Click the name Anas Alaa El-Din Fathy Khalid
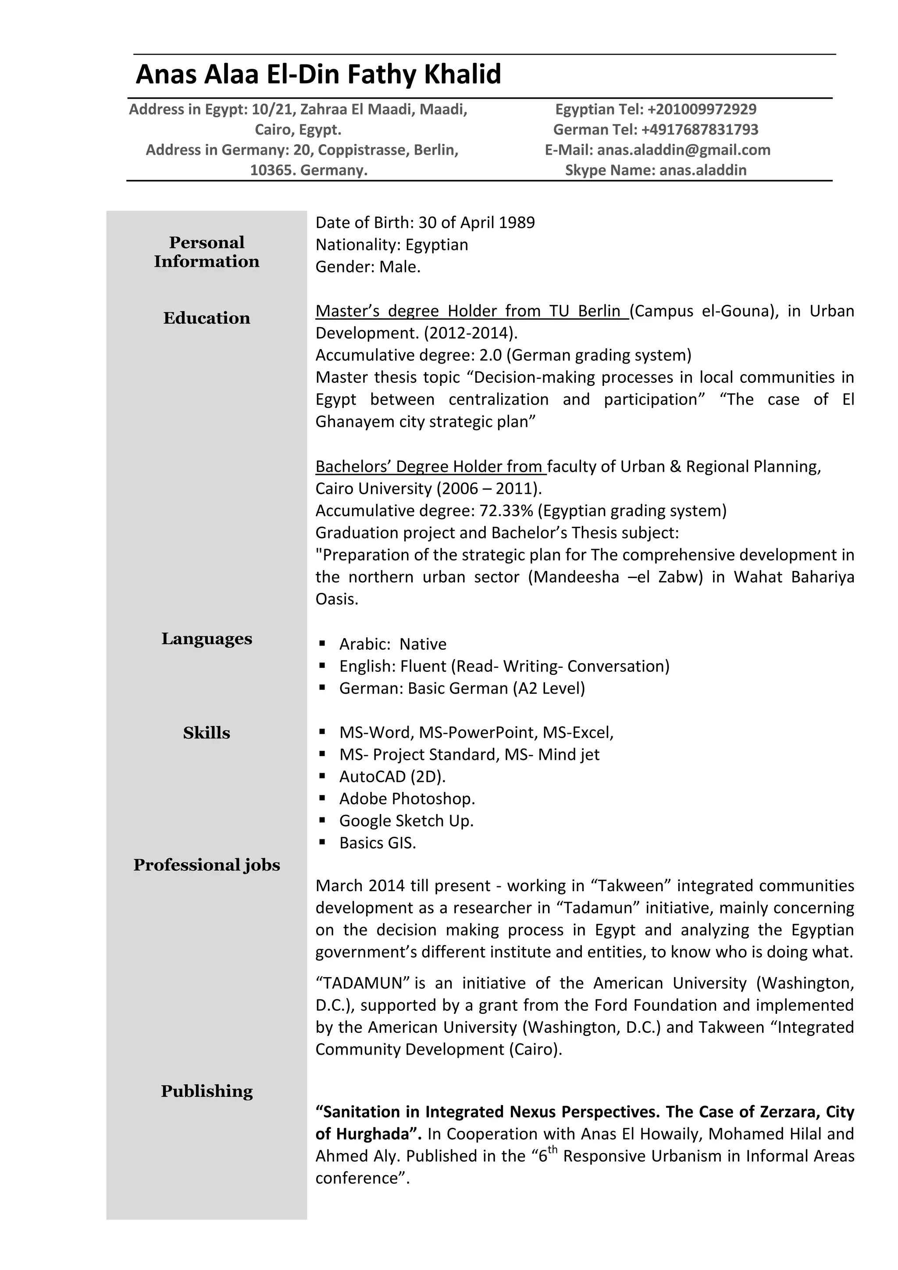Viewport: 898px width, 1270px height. [318, 74]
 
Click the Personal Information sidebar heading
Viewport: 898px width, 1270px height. [206, 252]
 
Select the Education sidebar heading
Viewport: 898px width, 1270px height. [206, 318]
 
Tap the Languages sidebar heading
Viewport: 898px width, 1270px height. [206, 639]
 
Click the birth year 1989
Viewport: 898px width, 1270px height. [517, 222]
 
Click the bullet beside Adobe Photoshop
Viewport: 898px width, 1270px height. [322, 798]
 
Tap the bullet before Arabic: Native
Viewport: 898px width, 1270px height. [322, 643]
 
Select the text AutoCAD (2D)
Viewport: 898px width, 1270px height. [392, 777]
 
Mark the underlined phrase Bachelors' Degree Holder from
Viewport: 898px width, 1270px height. [430, 466]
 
